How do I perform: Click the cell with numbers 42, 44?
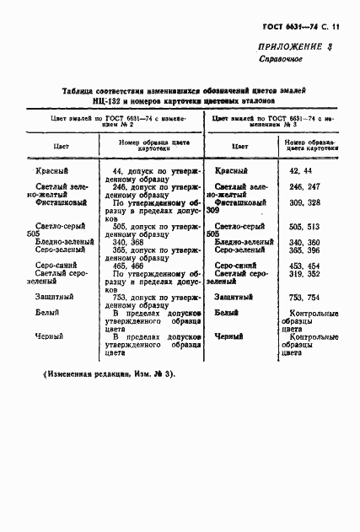pos(301,170)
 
